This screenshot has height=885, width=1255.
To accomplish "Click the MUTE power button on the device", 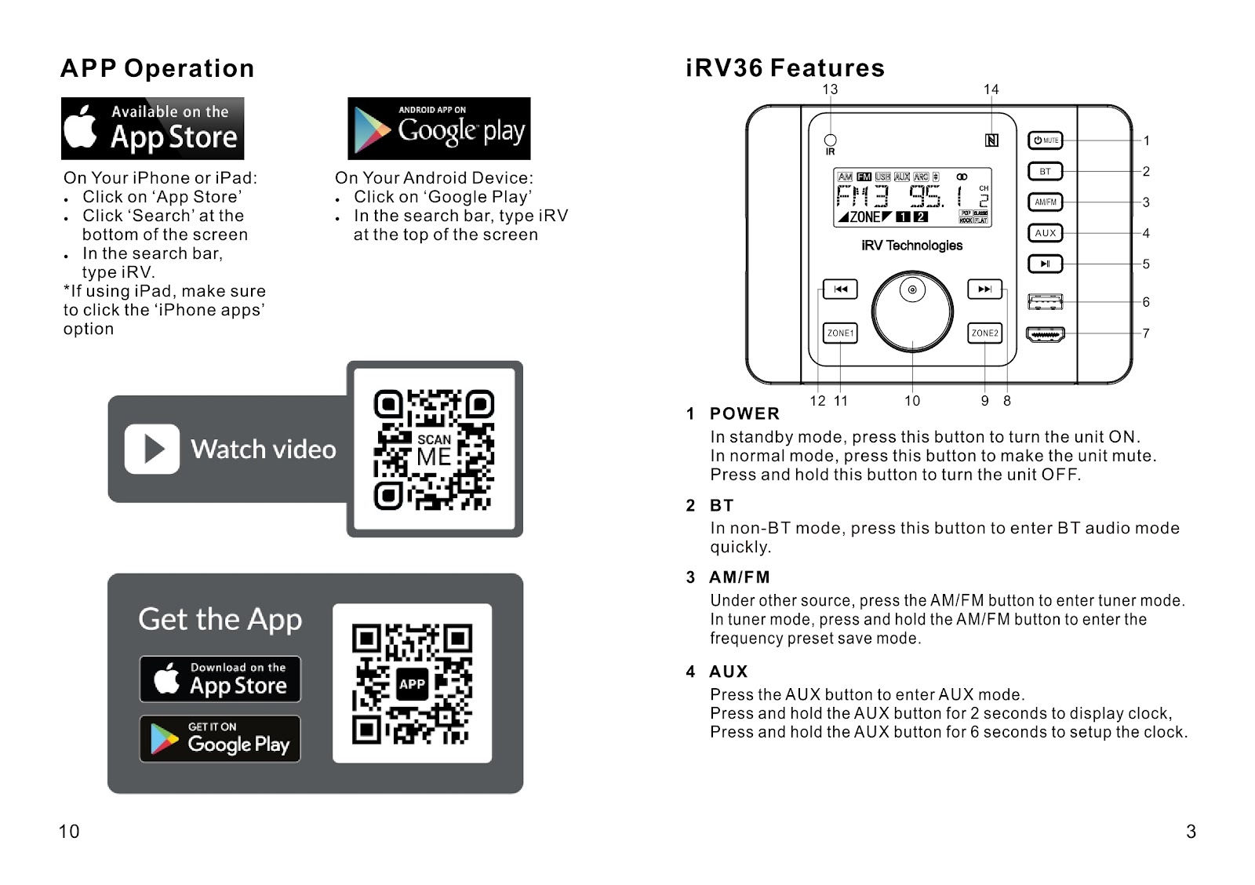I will pyautogui.click(x=1045, y=140).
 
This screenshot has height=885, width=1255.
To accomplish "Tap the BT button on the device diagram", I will pyautogui.click(x=1045, y=171).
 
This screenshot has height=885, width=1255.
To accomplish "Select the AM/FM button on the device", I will pyautogui.click(x=1045, y=202).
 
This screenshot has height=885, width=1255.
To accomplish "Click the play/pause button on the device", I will pyautogui.click(x=1045, y=264).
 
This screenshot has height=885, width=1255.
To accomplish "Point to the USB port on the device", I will pyautogui.click(x=1045, y=301).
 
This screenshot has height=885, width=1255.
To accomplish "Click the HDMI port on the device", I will pyautogui.click(x=1045, y=334).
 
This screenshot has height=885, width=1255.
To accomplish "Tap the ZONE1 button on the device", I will pyautogui.click(x=840, y=333).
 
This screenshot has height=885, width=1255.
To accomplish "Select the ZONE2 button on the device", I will pyautogui.click(x=985, y=333).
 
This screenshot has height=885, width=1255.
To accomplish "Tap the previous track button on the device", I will pyautogui.click(x=840, y=289).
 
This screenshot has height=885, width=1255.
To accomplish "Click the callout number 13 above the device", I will pyautogui.click(x=830, y=89).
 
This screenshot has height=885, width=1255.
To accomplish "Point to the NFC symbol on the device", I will pyautogui.click(x=991, y=140).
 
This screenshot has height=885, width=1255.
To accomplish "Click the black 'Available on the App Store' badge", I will pyautogui.click(x=153, y=129).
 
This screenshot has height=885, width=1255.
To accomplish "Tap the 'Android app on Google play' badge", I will pyautogui.click(x=439, y=129).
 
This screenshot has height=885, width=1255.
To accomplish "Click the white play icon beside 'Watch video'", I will pyautogui.click(x=152, y=450).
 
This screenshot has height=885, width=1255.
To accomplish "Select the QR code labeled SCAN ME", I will pyautogui.click(x=434, y=450).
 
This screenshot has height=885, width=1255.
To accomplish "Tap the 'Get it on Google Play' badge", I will pyautogui.click(x=220, y=739).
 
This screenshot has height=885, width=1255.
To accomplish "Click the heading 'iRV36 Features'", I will pyautogui.click(x=785, y=68).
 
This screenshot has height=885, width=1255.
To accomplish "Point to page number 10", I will pyautogui.click(x=69, y=832).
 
